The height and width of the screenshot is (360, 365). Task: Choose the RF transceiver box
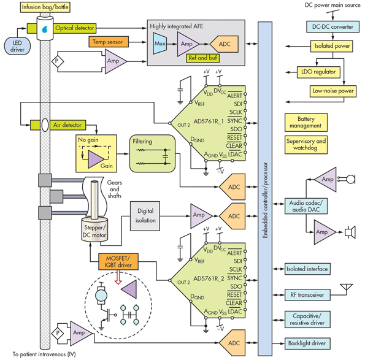pyautogui.click(x=307, y=295)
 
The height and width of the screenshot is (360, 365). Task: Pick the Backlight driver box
pyautogui.click(x=307, y=344)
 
